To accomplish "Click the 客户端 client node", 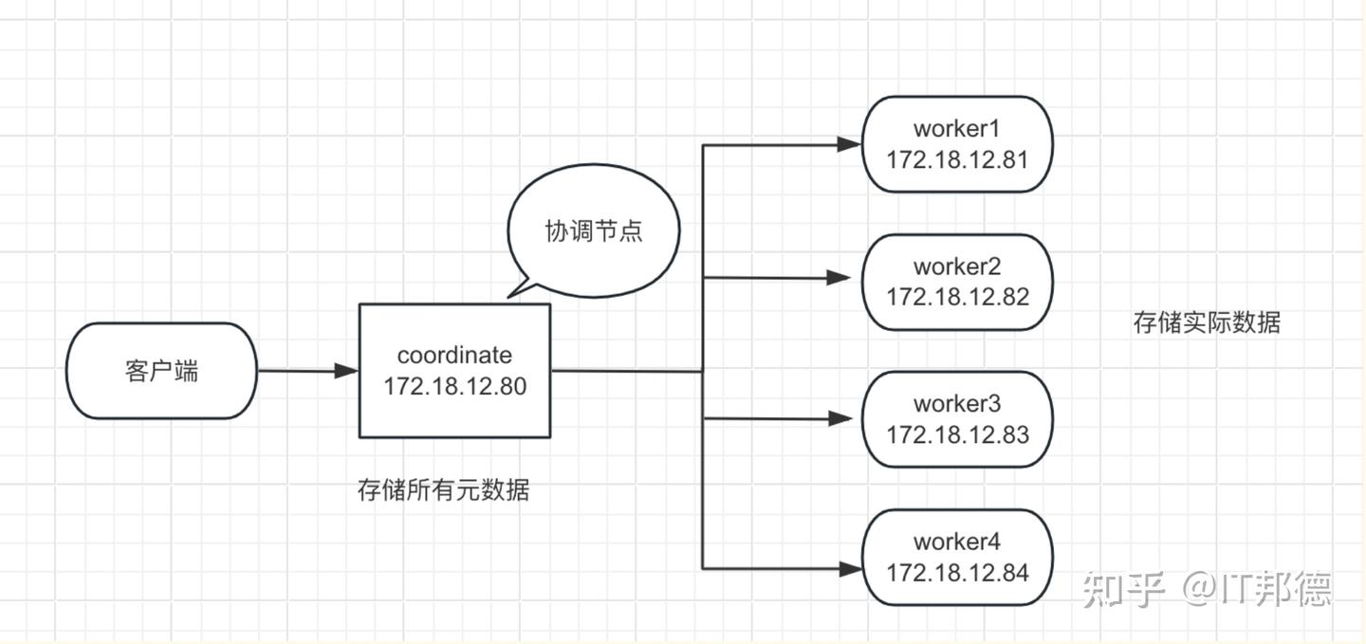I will (161, 371).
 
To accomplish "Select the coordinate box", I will (454, 371).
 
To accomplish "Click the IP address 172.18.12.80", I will (454, 387).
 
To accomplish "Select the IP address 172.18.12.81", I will (957, 159).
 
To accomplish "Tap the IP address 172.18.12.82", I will (957, 297).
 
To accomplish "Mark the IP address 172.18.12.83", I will (957, 434).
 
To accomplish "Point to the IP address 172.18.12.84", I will (957, 573).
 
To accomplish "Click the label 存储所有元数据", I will (443, 490).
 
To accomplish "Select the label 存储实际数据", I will (1207, 322).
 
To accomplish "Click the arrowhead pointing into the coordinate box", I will (347, 371).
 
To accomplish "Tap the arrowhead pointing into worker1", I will (848, 144).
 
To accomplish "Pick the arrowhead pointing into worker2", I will (839, 278).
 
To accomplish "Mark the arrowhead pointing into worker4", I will (848, 569).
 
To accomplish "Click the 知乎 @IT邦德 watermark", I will (1207, 589).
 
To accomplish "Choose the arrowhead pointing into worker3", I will (839, 418).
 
